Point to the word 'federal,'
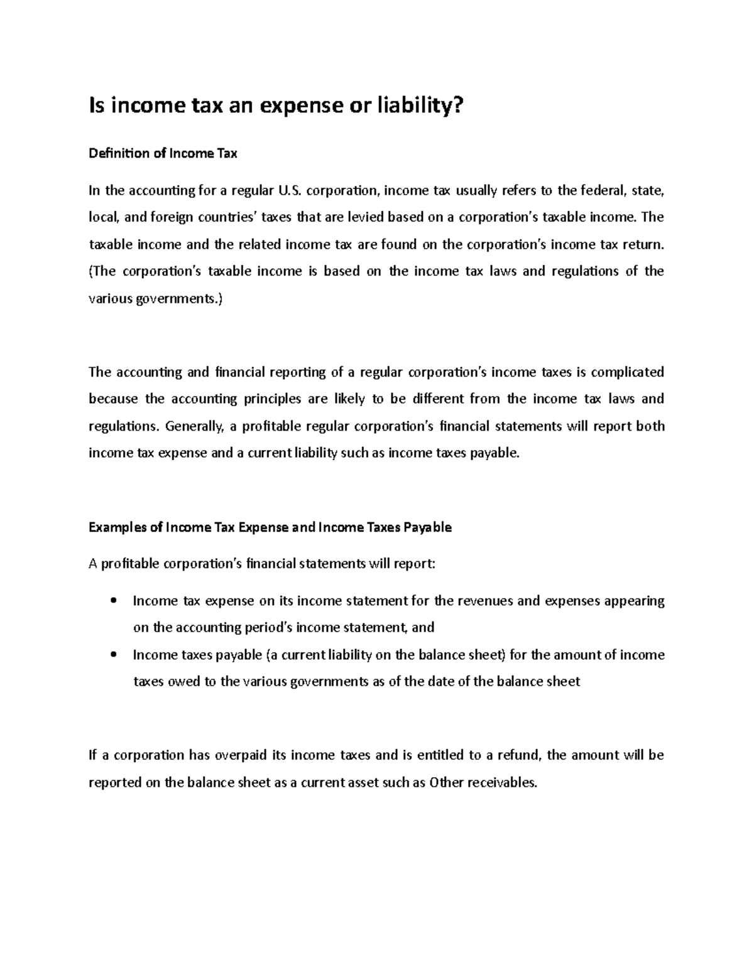(602, 190)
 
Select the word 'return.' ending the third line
(642, 244)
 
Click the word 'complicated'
(628, 372)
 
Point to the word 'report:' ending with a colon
(413, 564)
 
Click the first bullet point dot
(113, 601)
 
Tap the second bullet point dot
(113, 655)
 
